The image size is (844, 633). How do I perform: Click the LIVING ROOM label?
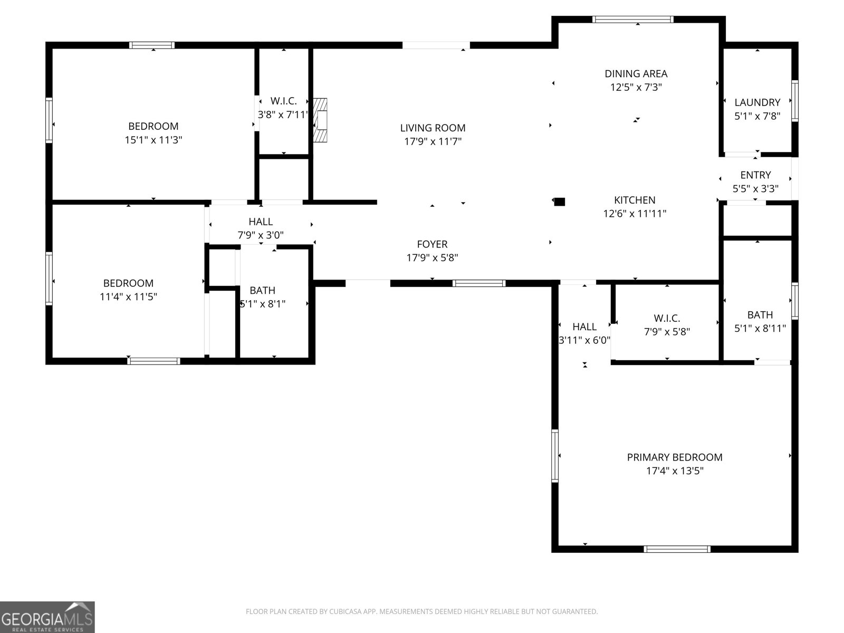click(433, 128)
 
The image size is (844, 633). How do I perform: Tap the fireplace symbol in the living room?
click(320, 120)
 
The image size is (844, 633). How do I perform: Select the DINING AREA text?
click(636, 74)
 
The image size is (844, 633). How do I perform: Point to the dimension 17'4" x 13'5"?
click(675, 471)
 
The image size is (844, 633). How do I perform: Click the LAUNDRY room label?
click(757, 102)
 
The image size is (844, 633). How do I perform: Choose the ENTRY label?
click(755, 175)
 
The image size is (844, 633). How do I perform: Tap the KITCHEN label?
click(635, 200)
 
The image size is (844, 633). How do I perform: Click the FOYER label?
click(432, 244)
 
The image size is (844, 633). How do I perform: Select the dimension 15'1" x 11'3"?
click(153, 140)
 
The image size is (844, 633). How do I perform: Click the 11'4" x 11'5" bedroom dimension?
click(128, 296)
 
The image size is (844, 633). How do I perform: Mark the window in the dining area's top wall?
click(632, 20)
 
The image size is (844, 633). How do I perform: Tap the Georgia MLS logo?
click(47, 617)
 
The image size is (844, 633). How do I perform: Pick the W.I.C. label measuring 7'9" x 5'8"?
click(667, 318)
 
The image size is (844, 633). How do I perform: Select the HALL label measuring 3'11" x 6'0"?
click(584, 327)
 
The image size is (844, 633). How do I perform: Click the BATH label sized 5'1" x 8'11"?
click(760, 315)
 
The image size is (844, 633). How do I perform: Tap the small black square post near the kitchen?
click(560, 201)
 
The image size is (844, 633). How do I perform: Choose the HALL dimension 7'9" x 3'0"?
click(261, 235)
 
